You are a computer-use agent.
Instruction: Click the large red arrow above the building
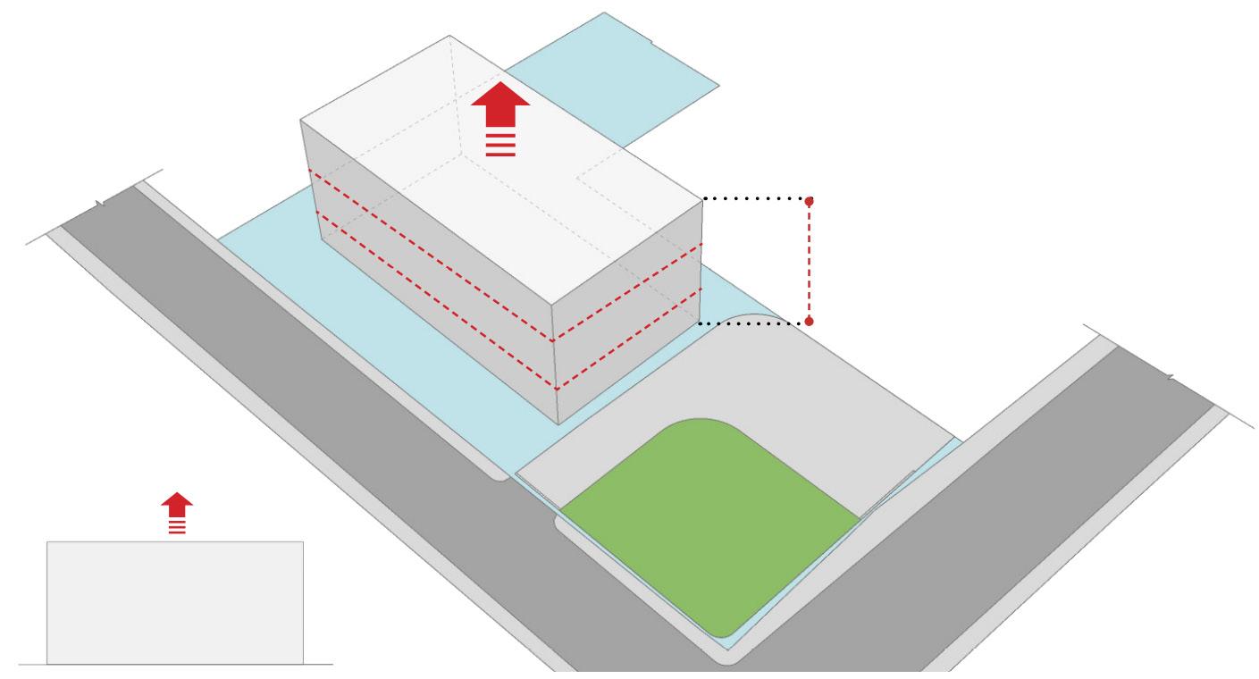pos(500,105)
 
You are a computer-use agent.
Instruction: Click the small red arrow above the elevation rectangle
pos(178,504)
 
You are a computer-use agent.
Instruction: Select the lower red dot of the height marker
pos(810,320)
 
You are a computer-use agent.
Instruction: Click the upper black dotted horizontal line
pos(755,198)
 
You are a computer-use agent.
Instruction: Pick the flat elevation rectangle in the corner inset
pos(175,602)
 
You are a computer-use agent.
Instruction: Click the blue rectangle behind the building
pos(617,80)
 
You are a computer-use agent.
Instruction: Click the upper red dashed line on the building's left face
pos(429,255)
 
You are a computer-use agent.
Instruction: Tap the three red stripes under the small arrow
pos(178,527)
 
